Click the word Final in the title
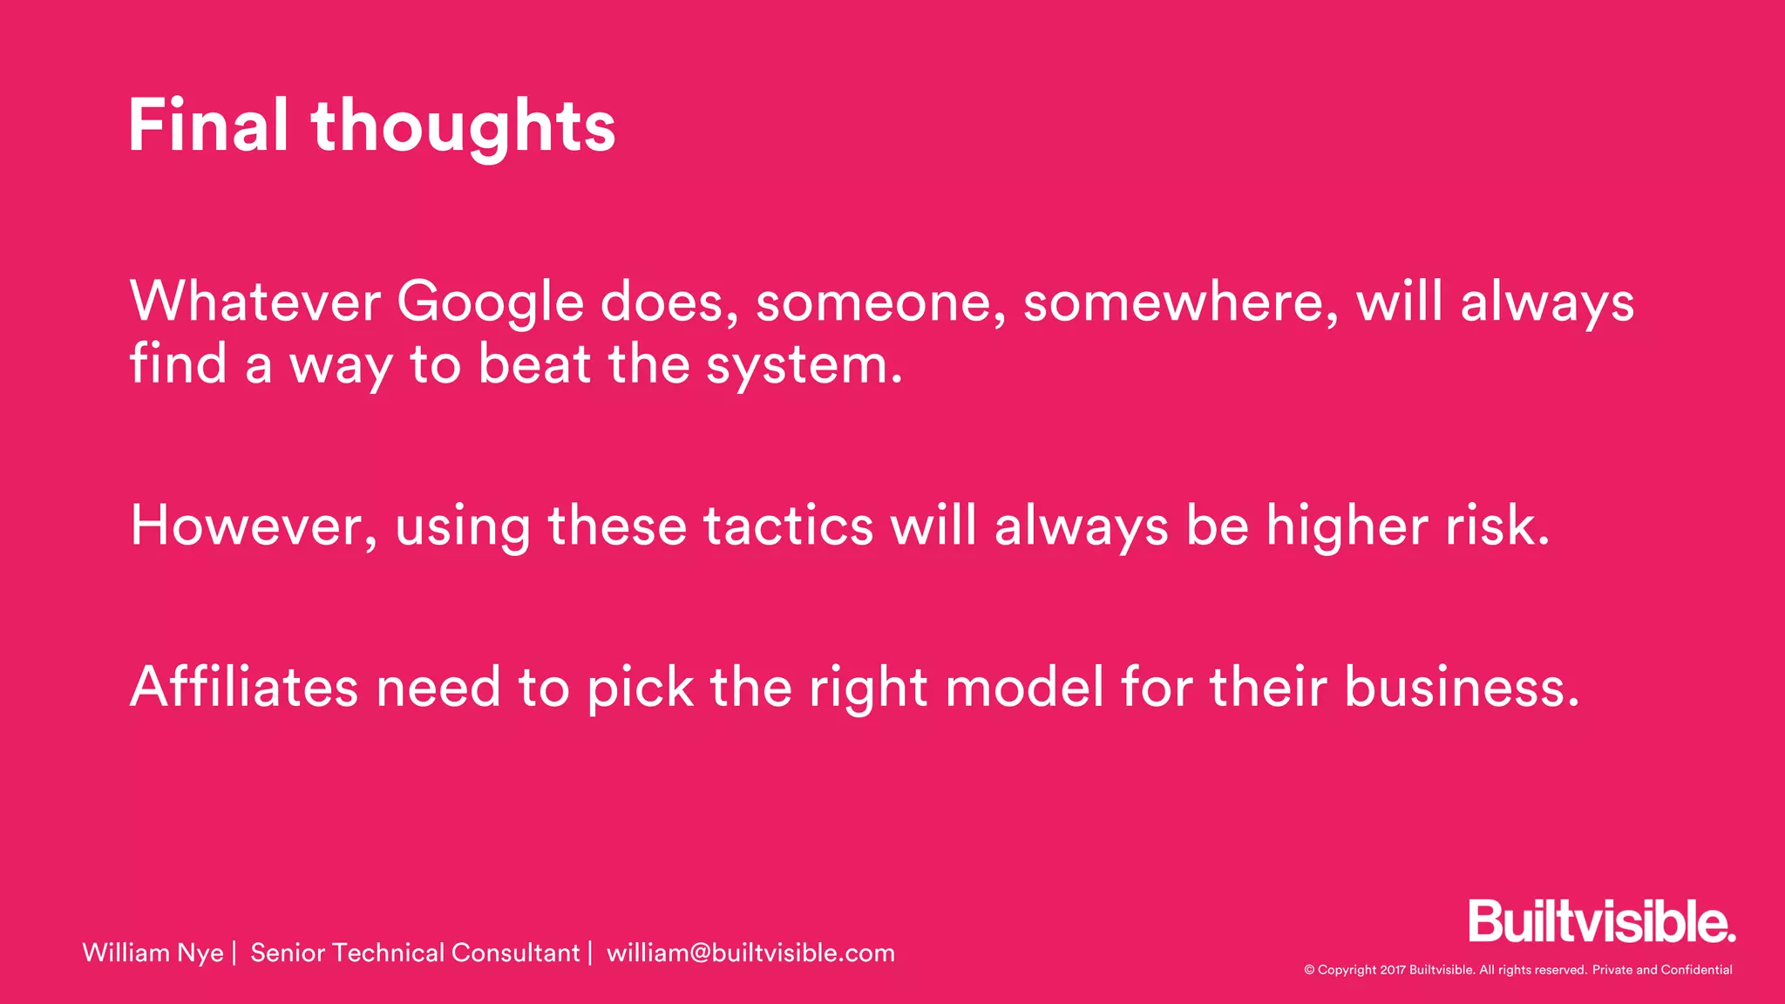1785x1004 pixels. [208, 125]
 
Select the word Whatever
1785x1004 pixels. [255, 302]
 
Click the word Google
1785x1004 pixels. [490, 303]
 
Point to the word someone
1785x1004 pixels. [880, 303]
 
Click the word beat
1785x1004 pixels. [534, 363]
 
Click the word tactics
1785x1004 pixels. [788, 526]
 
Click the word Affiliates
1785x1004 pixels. [244, 687]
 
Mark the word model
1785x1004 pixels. [1024, 687]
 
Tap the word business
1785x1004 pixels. [1461, 687]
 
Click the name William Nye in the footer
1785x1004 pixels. [153, 953]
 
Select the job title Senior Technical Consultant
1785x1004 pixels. [415, 953]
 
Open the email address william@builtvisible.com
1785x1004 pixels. [750, 953]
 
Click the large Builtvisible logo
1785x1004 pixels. [1601, 921]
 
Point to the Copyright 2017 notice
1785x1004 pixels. [1517, 970]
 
